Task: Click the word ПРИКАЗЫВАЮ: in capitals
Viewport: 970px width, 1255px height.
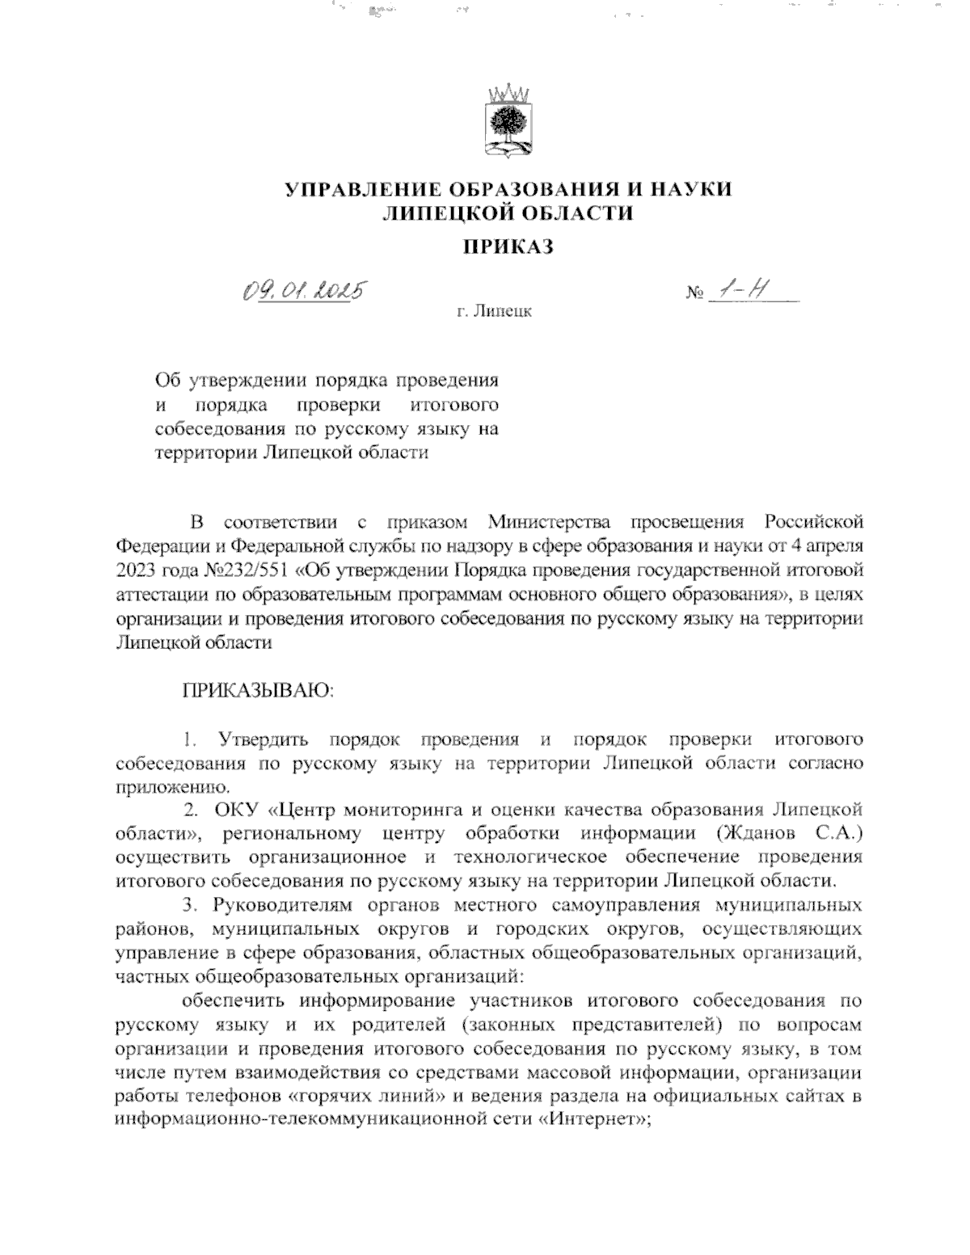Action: pyautogui.click(x=257, y=691)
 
